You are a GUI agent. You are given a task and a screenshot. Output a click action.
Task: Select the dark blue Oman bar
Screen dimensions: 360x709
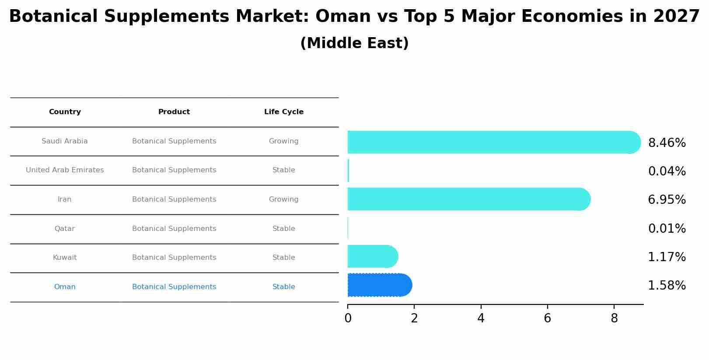pos(378,285)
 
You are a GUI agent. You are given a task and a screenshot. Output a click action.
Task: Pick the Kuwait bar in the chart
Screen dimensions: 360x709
pos(372,256)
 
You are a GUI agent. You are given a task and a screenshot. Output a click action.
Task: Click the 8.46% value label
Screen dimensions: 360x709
pos(667,143)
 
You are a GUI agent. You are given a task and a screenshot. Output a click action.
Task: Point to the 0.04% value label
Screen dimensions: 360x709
pos(667,171)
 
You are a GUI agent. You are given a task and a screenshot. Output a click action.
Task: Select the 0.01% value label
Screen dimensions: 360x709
pos(667,229)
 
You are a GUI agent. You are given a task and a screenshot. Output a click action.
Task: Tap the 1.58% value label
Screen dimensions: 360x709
pos(667,286)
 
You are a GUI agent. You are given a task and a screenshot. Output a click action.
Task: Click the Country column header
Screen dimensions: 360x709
pos(65,112)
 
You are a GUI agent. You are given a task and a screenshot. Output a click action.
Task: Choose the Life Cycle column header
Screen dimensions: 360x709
pos(283,112)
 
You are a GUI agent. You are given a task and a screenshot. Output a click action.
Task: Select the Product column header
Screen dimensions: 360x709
pos(174,112)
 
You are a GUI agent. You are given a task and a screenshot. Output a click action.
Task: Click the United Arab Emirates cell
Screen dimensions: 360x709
pos(65,170)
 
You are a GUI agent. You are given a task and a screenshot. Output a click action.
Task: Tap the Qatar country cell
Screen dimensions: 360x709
pos(65,229)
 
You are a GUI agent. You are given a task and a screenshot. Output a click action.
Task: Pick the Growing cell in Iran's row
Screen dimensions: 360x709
pos(283,199)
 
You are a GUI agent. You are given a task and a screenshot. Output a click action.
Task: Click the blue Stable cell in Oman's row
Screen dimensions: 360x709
pos(283,287)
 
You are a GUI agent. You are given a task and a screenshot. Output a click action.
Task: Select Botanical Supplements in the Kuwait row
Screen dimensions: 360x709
pos(174,258)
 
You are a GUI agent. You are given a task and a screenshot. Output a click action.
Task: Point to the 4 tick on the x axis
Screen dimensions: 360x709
pos(481,318)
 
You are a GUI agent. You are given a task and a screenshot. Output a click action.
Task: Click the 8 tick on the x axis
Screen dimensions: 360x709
pos(614,318)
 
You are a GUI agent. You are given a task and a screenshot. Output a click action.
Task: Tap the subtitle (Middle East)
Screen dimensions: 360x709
pos(354,43)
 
